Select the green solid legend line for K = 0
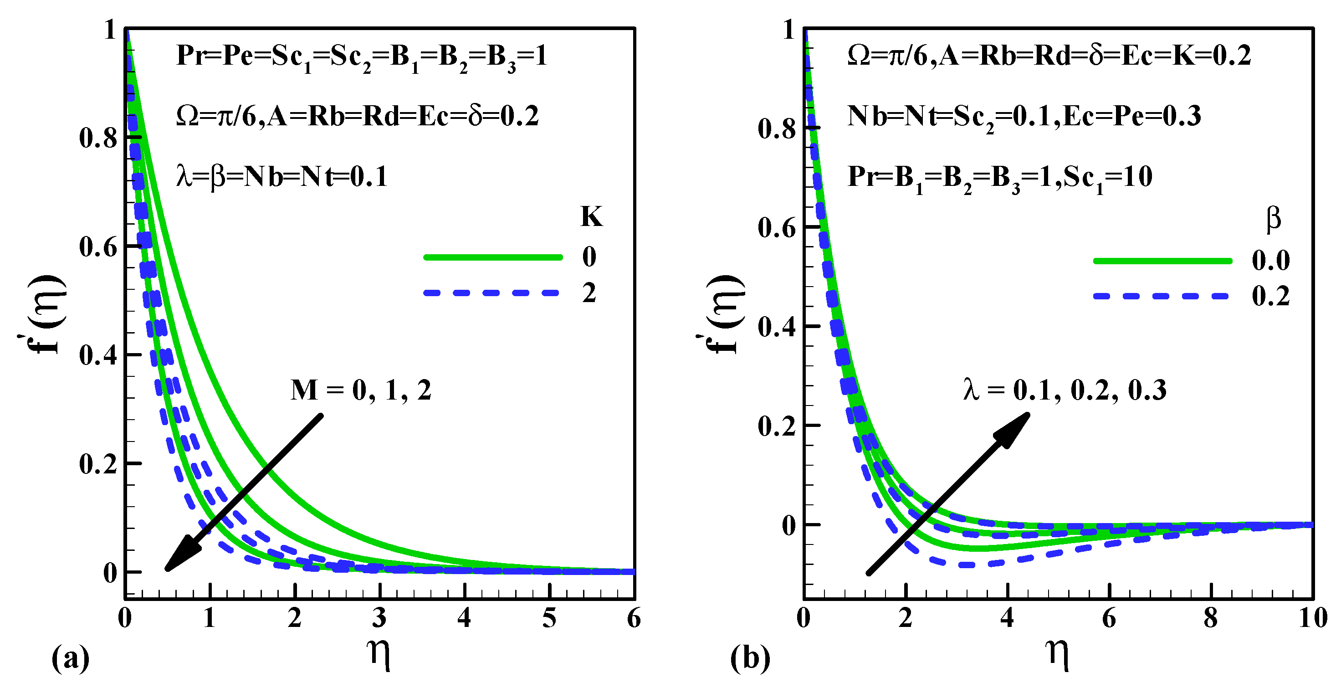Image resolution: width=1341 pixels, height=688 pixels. coord(492,257)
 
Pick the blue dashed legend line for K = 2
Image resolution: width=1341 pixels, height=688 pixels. coord(492,293)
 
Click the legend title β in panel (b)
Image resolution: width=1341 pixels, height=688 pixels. coord(1273,219)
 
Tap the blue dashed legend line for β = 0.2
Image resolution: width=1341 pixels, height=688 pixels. coord(1162,296)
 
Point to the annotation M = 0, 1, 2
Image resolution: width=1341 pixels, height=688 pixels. coord(361,390)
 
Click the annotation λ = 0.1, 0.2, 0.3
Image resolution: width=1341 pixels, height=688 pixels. coord(1065,390)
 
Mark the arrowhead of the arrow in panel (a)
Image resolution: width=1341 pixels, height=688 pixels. coord(179,557)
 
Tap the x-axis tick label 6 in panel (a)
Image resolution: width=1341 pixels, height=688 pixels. coord(634,618)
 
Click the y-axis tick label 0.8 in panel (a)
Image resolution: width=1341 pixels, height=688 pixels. coord(98,138)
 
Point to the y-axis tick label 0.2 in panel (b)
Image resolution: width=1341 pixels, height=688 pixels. coord(777,426)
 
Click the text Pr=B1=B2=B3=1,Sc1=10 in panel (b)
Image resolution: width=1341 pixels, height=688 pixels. coord(999,177)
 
